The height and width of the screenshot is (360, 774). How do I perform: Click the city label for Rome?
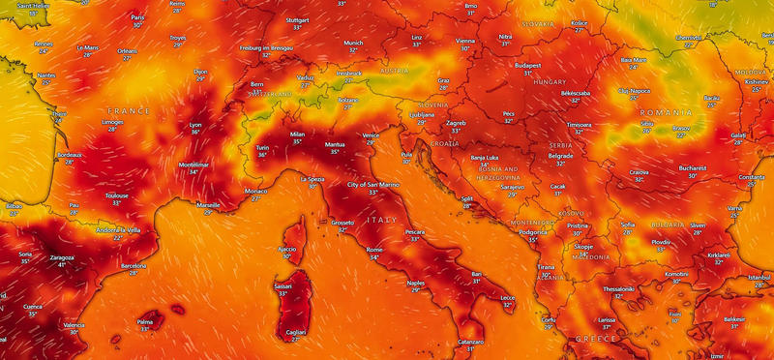373,249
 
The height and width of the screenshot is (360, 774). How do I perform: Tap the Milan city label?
297,135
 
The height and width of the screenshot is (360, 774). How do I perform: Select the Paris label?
137,17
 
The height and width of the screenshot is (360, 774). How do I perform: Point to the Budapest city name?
528,64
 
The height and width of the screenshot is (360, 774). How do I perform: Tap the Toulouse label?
117,195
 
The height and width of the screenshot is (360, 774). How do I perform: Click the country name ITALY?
381,221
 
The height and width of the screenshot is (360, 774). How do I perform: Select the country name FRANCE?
129,111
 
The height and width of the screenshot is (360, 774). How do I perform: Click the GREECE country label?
597,340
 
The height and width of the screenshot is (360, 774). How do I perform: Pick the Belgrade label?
561,155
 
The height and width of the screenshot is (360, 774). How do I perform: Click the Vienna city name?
466,41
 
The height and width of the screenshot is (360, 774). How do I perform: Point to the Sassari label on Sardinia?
283,285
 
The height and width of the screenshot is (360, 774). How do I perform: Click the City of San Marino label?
373,184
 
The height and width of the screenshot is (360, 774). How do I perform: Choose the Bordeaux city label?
70,155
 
